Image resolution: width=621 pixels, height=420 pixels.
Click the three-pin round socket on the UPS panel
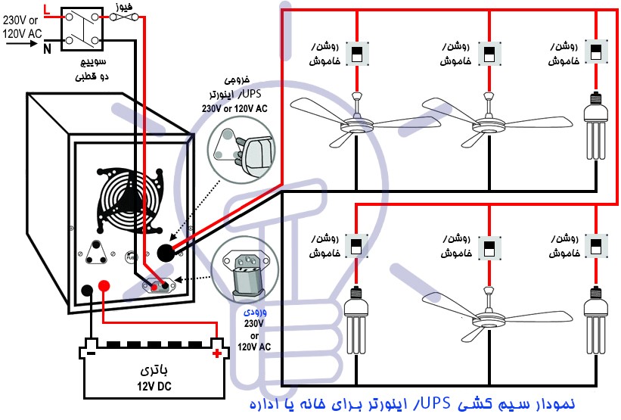[97, 256]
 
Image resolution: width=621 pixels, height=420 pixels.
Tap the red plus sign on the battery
[218, 353]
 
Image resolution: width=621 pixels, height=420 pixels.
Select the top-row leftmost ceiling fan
[356, 121]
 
